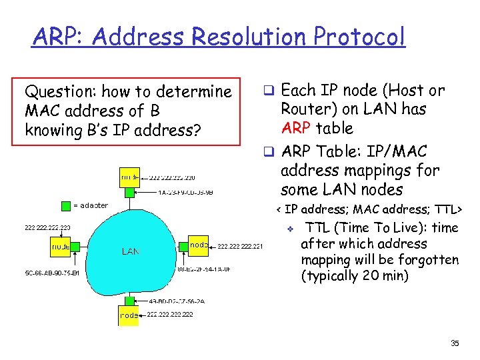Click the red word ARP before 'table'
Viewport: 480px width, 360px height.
[297, 128]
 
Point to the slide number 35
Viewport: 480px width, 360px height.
[455, 343]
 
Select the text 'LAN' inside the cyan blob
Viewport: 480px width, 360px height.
[131, 251]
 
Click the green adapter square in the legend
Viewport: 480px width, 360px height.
[66, 205]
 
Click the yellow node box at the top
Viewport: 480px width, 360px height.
[129, 177]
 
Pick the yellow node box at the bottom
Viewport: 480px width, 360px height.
[129, 315]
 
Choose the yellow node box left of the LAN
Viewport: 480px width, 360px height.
[61, 247]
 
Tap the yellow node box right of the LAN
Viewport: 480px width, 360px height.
[199, 244]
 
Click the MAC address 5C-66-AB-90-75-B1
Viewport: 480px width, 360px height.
[52, 273]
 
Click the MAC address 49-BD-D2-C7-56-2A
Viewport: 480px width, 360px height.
[177, 301]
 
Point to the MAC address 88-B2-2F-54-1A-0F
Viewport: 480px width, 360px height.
[204, 269]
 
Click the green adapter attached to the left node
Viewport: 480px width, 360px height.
[75, 247]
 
